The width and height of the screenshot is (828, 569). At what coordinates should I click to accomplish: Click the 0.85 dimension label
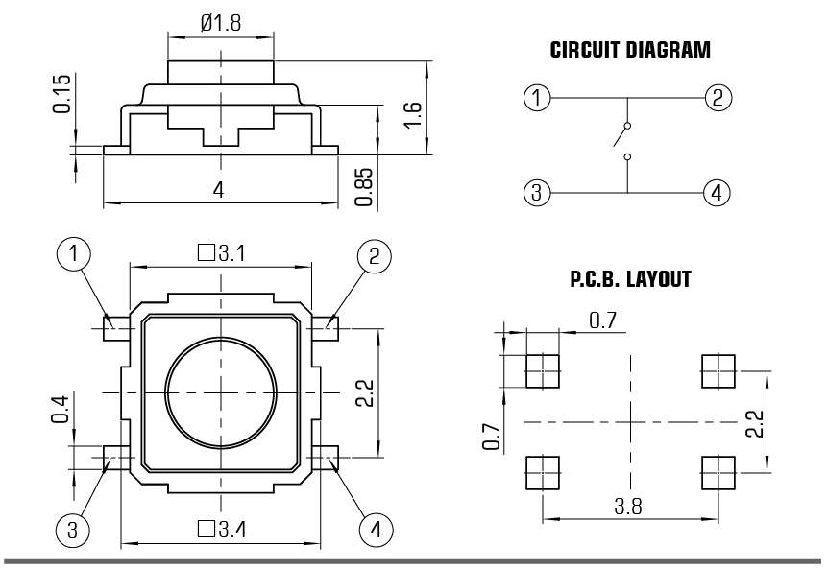coord(363,183)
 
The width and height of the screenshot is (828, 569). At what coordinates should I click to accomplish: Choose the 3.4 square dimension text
coord(222,528)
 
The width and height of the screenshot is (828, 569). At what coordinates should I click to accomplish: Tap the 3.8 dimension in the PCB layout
coord(629,506)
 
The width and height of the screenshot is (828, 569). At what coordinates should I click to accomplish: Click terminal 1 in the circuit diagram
coord(537,97)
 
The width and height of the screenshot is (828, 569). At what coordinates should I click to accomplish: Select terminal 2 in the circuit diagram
coord(717,97)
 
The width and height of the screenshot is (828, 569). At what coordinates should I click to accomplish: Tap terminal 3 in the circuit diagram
coord(537,193)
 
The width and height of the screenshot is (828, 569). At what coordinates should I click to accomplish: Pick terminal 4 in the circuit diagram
coord(717,193)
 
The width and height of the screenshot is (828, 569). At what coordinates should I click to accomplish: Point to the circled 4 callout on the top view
coord(377,528)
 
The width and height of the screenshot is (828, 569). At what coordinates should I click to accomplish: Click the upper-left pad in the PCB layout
coord(543,370)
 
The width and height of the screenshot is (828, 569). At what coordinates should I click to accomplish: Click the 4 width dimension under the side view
coord(219,190)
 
